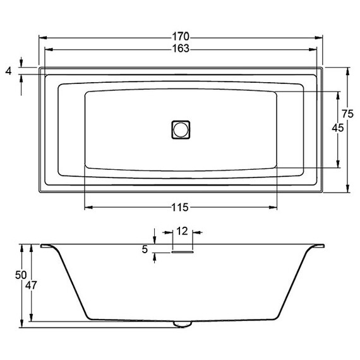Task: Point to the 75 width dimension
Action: pyautogui.click(x=347, y=114)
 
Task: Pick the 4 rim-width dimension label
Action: pyautogui.click(x=8, y=71)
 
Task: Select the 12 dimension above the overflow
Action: pyautogui.click(x=182, y=232)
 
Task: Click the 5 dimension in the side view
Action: pyautogui.click(x=145, y=250)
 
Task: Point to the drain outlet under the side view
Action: pyautogui.click(x=182, y=324)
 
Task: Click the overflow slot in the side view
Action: pyautogui.click(x=182, y=251)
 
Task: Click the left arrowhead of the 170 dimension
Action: pyautogui.click(x=42, y=37)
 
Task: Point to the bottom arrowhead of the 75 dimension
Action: pyautogui.click(x=348, y=188)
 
